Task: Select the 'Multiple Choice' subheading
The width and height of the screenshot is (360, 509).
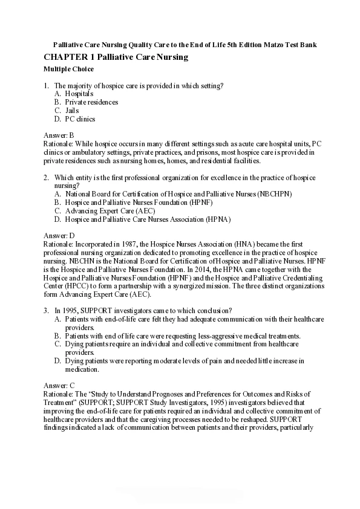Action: pyautogui.click(x=69, y=70)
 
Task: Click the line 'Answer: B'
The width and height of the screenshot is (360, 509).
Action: pyautogui.click(x=59, y=136)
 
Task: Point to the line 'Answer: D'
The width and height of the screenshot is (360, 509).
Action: pyautogui.click(x=59, y=235)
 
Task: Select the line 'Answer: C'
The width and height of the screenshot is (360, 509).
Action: pyautogui.click(x=59, y=384)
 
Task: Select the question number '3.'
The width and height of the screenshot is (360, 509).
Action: pyautogui.click(x=47, y=310)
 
